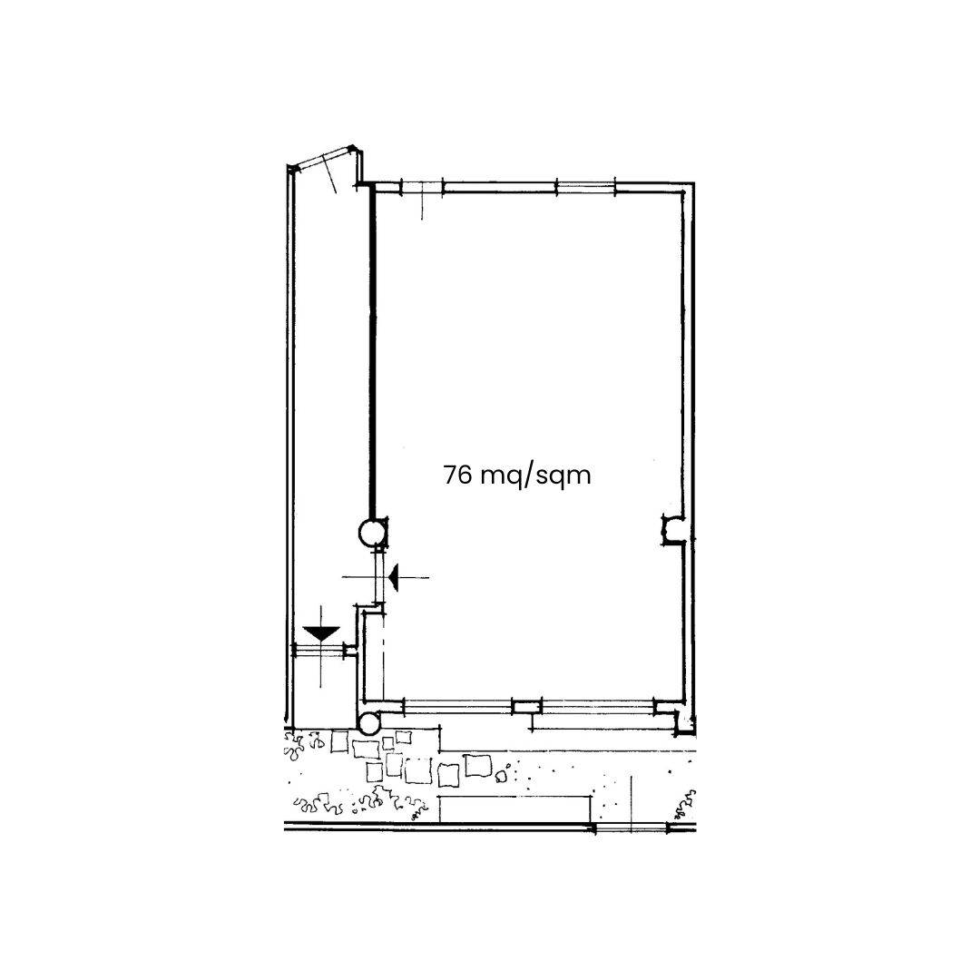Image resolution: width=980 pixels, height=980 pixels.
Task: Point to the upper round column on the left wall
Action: coord(371,532)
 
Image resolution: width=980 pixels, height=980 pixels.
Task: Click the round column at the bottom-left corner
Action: coord(370,723)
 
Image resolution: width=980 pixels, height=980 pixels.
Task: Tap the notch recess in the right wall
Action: coord(673,530)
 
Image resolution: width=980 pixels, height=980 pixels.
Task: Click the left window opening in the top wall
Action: coord(422,188)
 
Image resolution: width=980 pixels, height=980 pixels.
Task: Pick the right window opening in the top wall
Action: coord(585,188)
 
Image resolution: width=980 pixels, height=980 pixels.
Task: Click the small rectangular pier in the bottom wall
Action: coord(526,706)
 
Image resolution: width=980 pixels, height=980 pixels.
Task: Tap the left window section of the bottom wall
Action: coord(456,705)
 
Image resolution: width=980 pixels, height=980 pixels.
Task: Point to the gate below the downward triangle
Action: coord(319,650)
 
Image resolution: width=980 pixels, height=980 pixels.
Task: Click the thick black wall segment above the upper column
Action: coord(372,354)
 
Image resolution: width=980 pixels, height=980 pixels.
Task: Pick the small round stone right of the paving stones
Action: coord(501,775)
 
